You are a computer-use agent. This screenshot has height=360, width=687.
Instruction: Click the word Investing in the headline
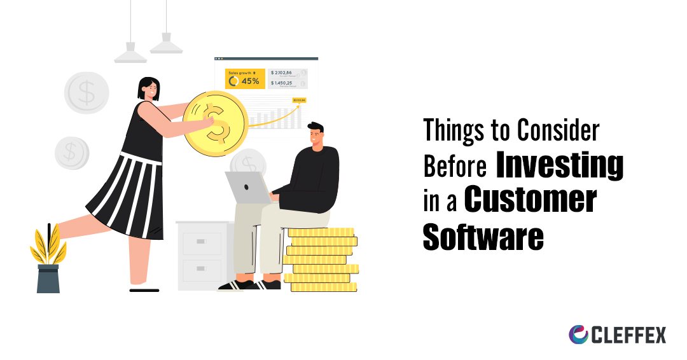point(559,166)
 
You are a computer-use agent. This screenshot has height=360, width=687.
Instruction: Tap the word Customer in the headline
point(530,200)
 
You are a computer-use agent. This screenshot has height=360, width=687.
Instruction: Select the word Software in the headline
point(483,236)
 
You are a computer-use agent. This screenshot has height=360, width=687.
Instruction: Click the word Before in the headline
point(455,167)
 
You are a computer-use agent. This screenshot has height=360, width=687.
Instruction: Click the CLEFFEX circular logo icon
point(578,335)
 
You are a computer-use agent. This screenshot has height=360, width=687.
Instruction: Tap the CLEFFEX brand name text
point(629,335)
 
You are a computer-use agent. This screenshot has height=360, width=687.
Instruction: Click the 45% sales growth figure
point(249,81)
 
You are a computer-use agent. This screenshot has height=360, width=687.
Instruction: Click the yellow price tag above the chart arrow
point(299,100)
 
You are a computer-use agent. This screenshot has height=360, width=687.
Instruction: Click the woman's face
point(151,91)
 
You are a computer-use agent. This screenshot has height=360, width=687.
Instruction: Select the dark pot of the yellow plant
point(48,279)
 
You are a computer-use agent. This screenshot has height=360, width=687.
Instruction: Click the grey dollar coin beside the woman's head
point(87,93)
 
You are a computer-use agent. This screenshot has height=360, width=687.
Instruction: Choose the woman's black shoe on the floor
point(144,290)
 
